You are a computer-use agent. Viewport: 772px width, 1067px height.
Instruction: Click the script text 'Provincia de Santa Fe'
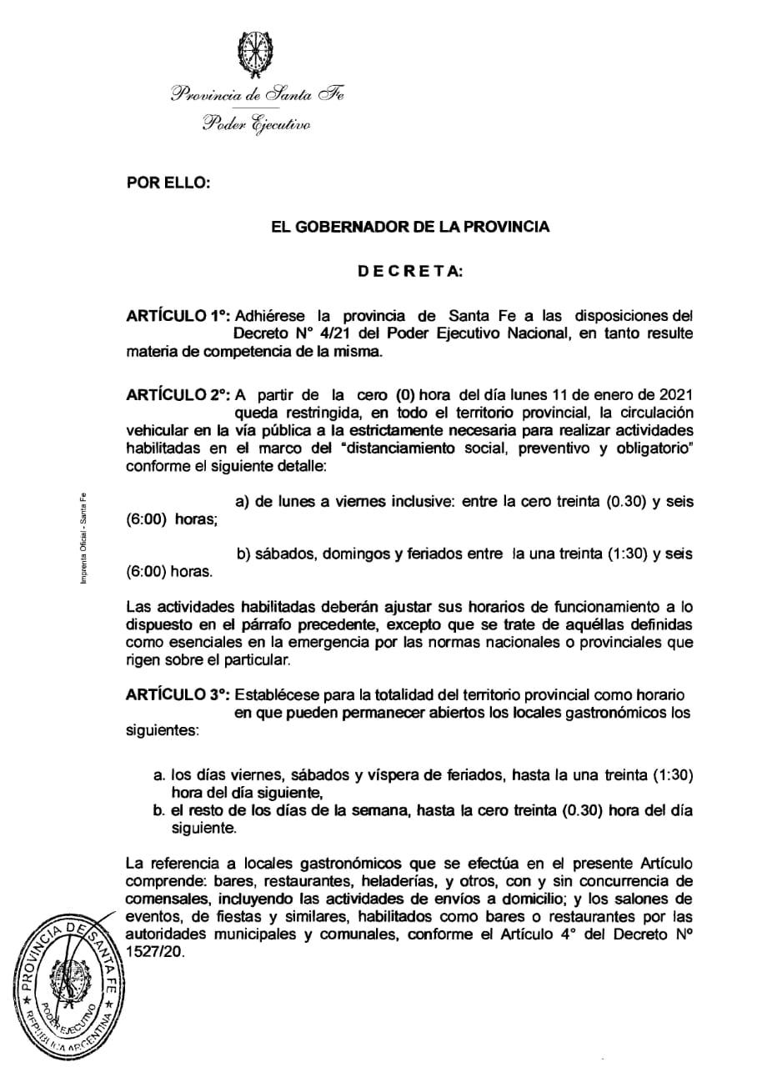(x=256, y=94)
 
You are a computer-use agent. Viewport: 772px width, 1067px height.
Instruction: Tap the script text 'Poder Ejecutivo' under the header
(x=256, y=126)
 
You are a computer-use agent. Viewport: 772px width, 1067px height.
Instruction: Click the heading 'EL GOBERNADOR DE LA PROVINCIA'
(x=410, y=227)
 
